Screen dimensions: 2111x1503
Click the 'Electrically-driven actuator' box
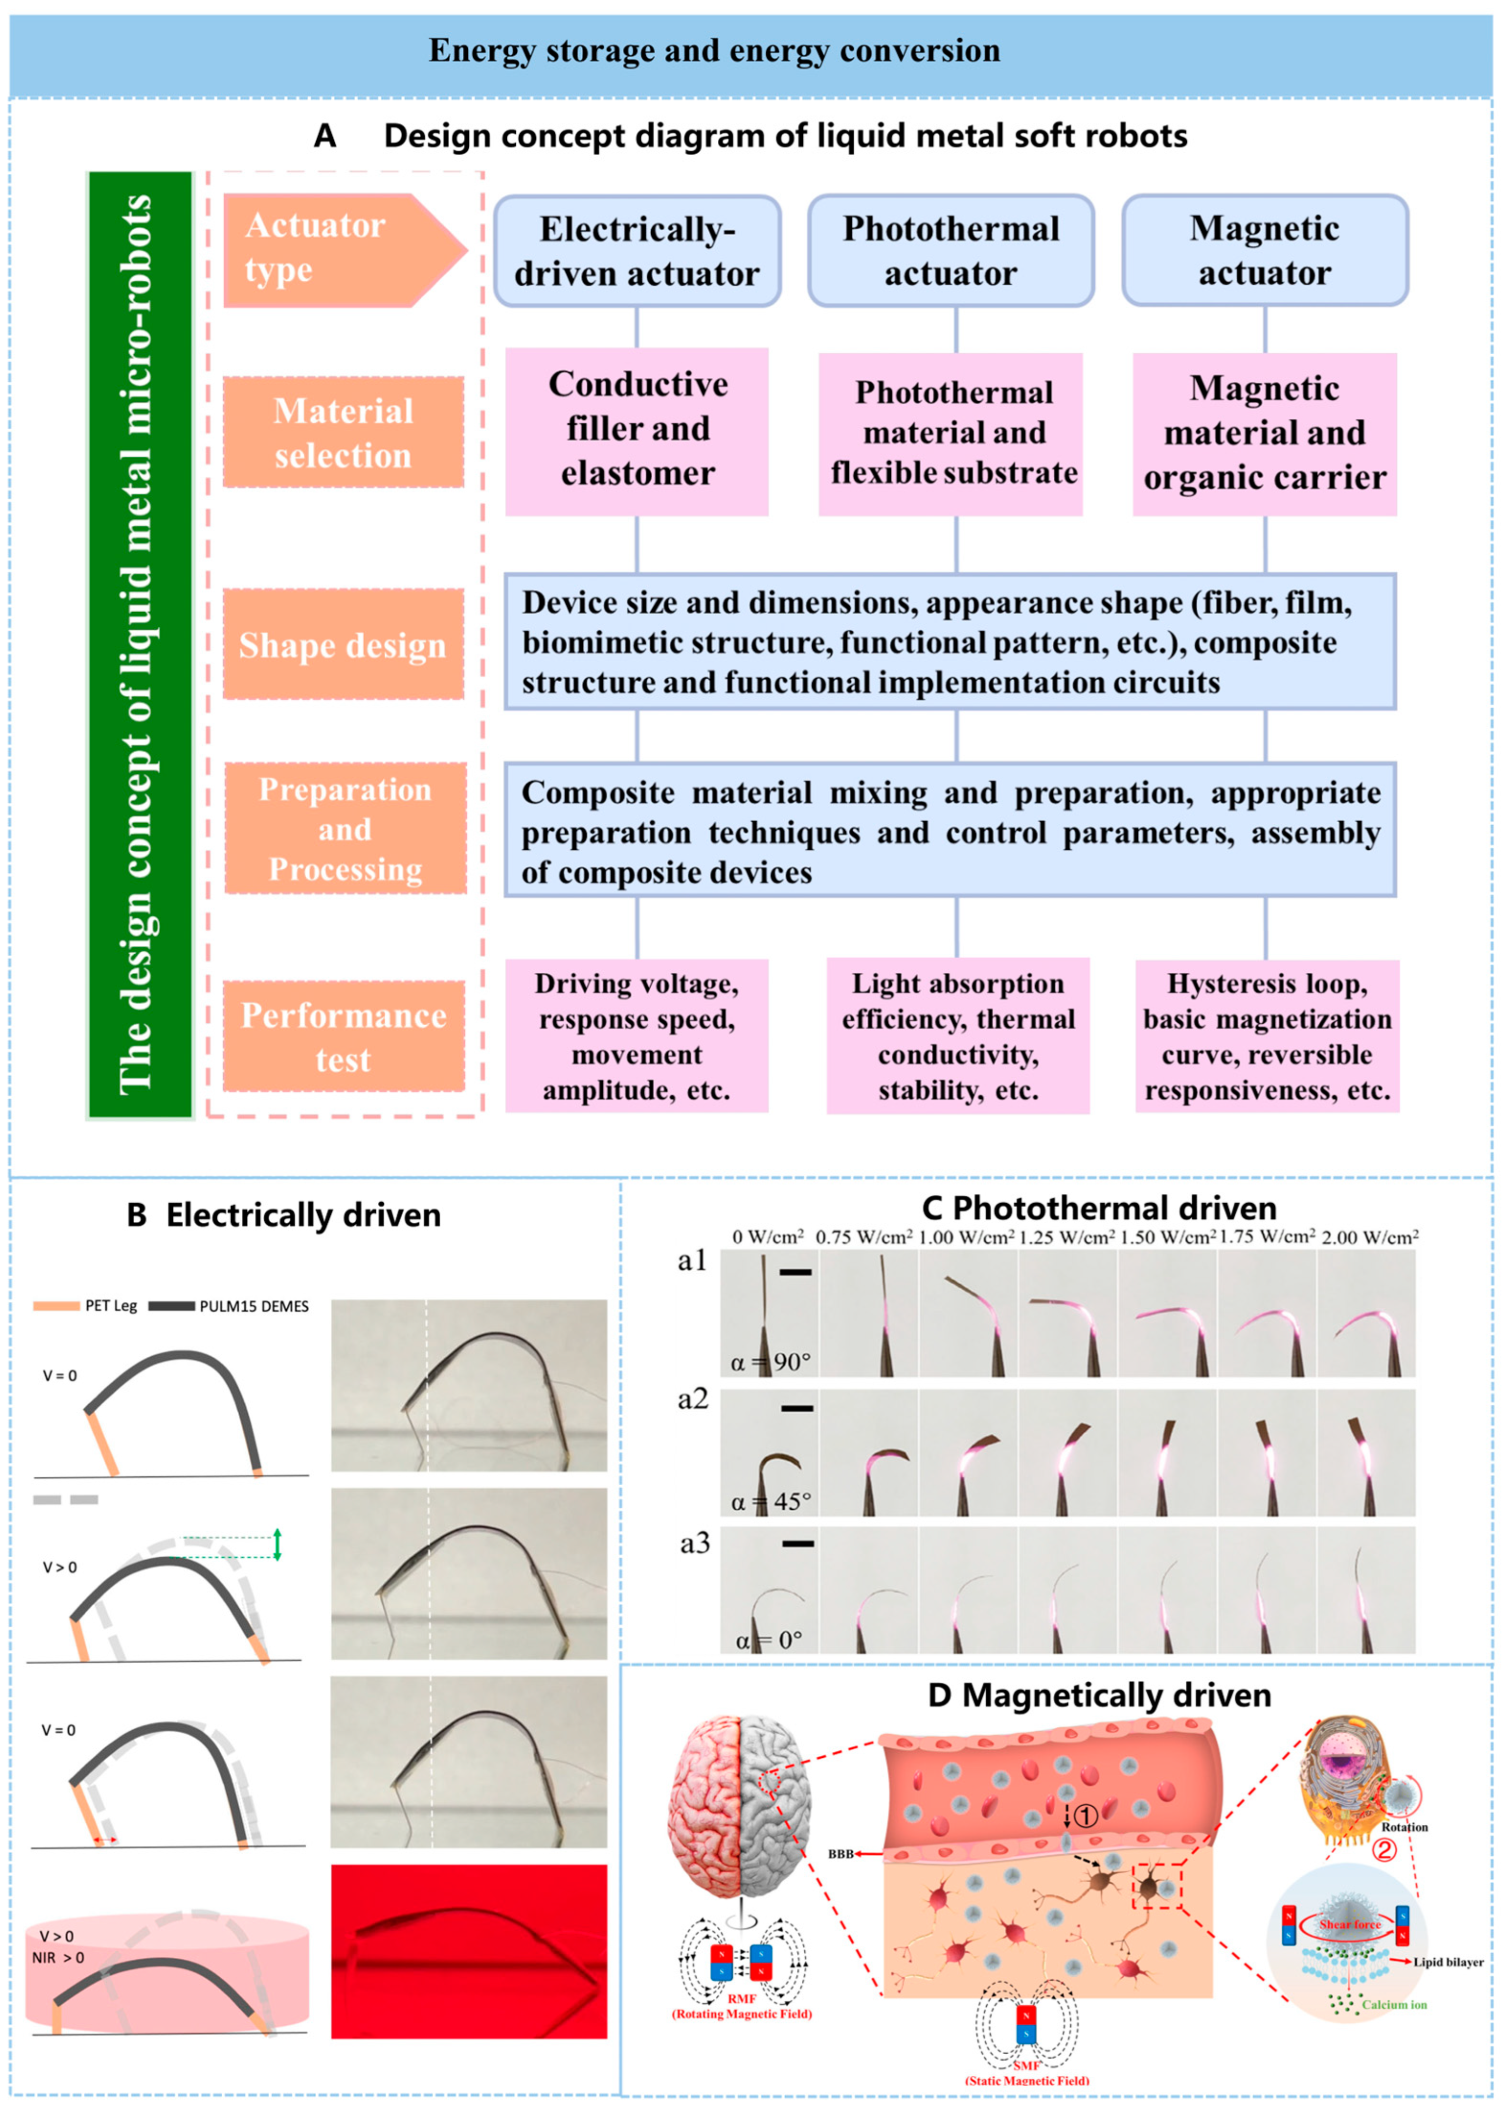point(637,251)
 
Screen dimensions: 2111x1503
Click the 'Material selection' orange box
point(344,432)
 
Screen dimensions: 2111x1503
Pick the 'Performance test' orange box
point(344,1036)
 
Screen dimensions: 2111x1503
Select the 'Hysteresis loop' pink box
point(1266,1036)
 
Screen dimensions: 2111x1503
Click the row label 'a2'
point(692,1399)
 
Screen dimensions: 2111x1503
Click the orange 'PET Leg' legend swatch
point(55,1306)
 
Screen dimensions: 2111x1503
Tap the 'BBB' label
point(840,1854)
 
